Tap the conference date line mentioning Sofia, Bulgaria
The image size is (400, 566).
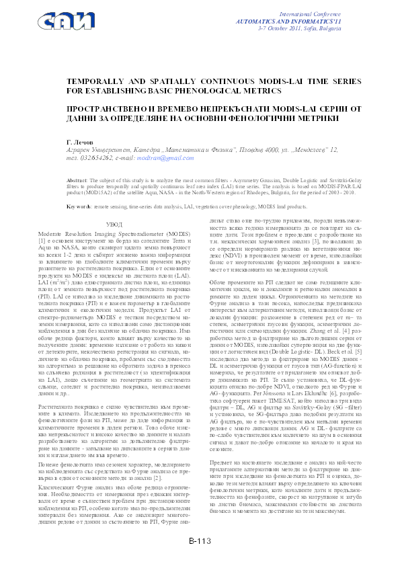coord(328,30)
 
